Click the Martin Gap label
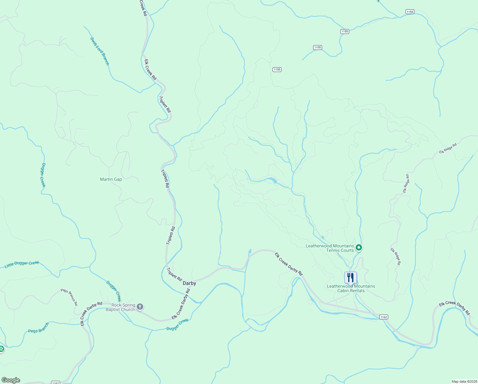111,179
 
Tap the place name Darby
189,283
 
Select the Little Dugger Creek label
22,264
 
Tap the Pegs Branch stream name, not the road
39,328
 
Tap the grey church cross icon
140,307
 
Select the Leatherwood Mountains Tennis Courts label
330,248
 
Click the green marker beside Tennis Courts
359,247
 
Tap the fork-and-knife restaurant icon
351,277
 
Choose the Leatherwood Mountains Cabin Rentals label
351,288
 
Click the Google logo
11,380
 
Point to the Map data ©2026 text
464,381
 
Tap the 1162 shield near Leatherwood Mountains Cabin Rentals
384,317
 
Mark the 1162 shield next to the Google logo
55,383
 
